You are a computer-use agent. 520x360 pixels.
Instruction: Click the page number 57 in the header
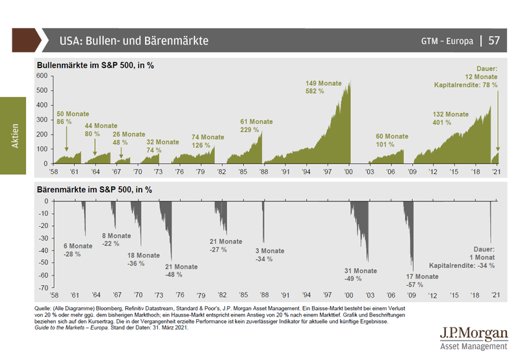[x=494, y=40]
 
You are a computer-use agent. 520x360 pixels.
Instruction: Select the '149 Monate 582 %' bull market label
[x=324, y=88]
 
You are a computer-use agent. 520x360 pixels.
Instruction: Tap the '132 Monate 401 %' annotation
[x=451, y=119]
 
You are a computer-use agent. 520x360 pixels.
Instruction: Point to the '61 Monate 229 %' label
[x=257, y=126]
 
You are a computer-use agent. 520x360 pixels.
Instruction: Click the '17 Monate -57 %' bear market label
[x=422, y=280]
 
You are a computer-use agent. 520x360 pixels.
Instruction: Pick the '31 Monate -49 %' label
[x=361, y=275]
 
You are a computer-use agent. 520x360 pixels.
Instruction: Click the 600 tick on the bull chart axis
[x=42, y=75]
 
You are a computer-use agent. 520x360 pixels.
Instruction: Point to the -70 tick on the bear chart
[x=43, y=287]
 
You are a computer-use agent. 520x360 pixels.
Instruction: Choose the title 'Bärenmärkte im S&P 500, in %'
[x=94, y=190]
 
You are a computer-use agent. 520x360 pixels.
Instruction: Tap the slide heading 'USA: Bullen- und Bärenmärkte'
[x=134, y=40]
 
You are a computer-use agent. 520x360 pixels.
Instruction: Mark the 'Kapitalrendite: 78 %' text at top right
[x=466, y=85]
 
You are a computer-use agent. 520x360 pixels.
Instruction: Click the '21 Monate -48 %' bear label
[x=181, y=271]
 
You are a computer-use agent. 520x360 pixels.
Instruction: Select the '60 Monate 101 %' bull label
[x=392, y=140]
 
